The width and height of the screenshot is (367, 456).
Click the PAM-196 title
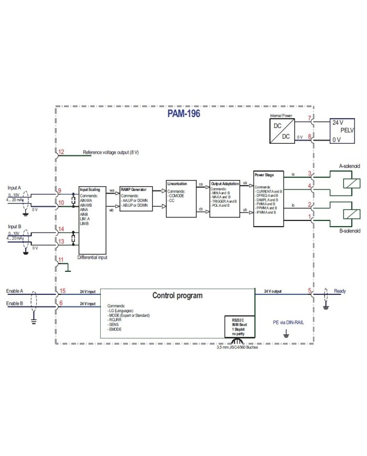[184, 112]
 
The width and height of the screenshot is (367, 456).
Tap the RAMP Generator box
[136, 198]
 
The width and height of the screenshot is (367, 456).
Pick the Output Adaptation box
[225, 198]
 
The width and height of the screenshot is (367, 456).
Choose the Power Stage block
[269, 198]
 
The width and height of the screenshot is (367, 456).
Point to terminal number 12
[61, 152]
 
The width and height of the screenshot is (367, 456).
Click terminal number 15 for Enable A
[62, 290]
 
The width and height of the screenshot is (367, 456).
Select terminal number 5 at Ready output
[310, 290]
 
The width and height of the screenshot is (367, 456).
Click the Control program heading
[177, 295]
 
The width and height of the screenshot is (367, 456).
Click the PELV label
[348, 131]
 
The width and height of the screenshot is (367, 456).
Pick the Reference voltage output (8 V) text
[111, 153]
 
